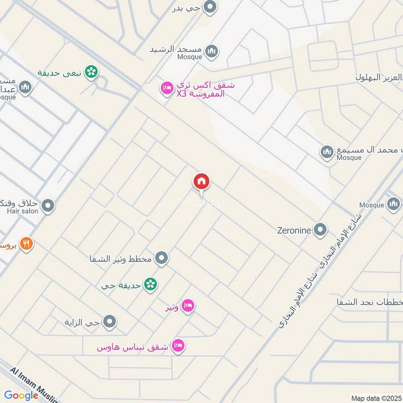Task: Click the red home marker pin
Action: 201,182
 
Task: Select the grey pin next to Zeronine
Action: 320,230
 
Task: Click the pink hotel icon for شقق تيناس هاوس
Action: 178,346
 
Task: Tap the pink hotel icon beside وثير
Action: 188,306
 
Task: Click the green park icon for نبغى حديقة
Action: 91,73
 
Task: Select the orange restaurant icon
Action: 27,244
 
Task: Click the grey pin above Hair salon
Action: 48,205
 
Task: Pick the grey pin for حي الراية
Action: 109,321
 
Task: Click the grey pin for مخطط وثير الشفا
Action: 161,258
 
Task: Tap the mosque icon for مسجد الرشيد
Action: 212,50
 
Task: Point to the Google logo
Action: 22,395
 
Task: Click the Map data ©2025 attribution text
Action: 376,398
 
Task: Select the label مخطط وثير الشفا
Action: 123,259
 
